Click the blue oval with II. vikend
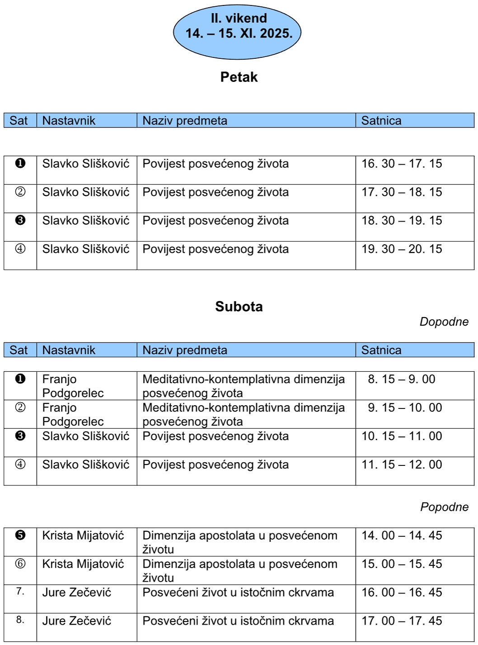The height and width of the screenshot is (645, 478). coord(238,33)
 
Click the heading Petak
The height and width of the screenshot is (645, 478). coord(239,77)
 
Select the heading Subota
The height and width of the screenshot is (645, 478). coord(239,307)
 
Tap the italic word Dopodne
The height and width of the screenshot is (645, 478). coord(444,322)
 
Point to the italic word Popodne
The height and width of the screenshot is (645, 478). coord(444,507)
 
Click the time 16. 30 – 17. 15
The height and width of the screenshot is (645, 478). coord(401,164)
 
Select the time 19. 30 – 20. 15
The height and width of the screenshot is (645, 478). coord(401,249)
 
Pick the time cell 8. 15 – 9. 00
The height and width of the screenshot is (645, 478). coord(401,379)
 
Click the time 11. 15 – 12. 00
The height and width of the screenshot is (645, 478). coord(401,465)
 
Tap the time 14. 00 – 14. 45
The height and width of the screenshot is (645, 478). coord(401,536)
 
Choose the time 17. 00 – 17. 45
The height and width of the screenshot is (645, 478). coord(401,621)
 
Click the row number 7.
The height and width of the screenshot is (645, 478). coord(20,591)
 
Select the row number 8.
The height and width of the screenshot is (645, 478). coord(20,620)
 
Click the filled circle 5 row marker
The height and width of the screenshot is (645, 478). coord(20,535)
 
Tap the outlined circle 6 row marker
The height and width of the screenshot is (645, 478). coord(20,564)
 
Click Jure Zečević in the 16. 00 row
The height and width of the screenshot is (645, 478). coord(76,593)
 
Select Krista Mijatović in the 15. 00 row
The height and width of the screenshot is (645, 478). coord(83,564)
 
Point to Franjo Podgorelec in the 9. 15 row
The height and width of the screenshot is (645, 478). coord(73,414)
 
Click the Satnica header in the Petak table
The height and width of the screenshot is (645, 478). coord(381,121)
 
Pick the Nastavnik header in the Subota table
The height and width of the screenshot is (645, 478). coord(69,350)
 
